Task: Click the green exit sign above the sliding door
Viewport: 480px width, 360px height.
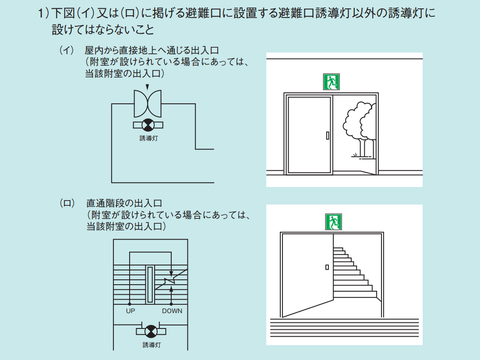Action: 331,82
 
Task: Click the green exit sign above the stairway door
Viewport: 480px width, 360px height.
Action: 333,222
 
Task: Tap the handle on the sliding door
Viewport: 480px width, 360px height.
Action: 327,136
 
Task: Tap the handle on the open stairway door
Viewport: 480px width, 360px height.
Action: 327,267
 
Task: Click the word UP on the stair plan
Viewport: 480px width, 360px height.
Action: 130,311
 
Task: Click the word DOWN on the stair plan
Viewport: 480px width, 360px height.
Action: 172,311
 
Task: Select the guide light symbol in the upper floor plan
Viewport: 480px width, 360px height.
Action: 148,125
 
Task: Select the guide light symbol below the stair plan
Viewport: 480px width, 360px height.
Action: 151,331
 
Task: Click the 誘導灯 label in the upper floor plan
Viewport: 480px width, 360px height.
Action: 149,138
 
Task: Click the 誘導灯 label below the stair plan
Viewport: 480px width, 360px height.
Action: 152,345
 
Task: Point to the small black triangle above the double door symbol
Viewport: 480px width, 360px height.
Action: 147,87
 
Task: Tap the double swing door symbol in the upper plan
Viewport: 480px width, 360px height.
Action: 148,103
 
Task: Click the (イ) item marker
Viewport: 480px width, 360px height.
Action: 66,50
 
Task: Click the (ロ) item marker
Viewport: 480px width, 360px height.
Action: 67,203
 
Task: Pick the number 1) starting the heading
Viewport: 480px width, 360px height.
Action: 44,14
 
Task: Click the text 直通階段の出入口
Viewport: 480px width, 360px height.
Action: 124,203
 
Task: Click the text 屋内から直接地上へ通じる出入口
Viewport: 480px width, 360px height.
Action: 152,50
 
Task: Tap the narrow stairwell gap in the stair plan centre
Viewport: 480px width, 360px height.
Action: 150,285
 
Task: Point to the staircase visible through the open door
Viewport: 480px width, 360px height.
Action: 355,272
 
